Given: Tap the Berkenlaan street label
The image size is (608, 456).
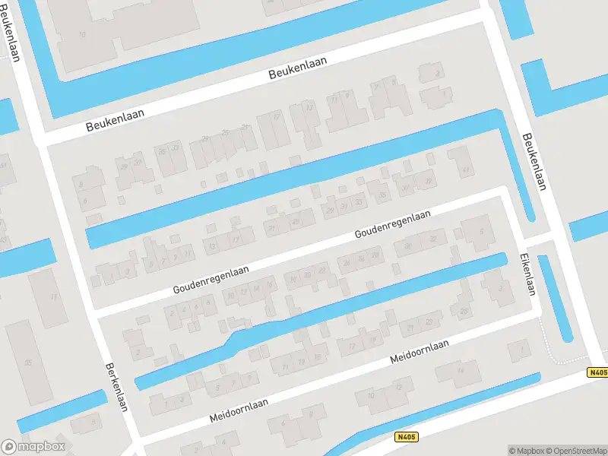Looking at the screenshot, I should point(115,386).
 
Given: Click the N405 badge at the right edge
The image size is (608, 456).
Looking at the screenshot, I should point(597,372).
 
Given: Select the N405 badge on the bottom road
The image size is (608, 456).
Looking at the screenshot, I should point(407,437).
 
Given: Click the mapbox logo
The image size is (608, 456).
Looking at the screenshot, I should point(33,447).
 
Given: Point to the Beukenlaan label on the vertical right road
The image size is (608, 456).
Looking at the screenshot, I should point(534,162).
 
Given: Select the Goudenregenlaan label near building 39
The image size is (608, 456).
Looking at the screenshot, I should point(392,226).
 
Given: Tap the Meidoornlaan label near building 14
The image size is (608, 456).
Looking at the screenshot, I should point(419,351).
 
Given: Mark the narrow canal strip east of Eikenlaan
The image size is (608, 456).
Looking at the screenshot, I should point(555,298).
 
